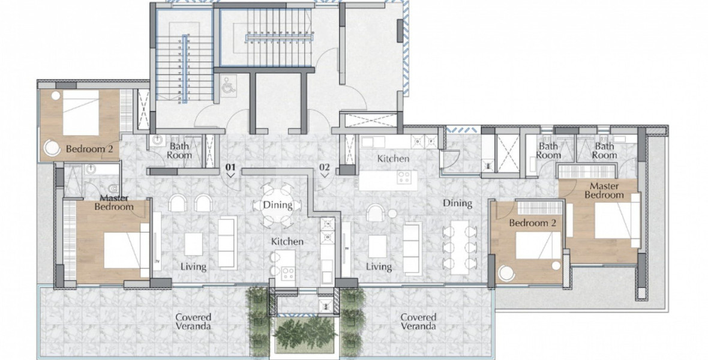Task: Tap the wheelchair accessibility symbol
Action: tap(227, 86)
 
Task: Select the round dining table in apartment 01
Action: tap(277, 205)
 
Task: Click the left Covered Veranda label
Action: tap(193, 322)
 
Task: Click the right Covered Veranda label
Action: tap(418, 322)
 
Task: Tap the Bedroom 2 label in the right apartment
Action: tap(529, 223)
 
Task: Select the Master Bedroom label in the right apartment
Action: tap(604, 191)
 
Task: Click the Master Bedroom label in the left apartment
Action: tap(114, 202)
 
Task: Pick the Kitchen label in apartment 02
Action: tap(393, 159)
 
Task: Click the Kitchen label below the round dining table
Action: tap(287, 241)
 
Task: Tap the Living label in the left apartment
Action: tap(193, 266)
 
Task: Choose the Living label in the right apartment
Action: tap(379, 266)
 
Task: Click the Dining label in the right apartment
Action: tap(457, 203)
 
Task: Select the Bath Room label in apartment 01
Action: tap(180, 151)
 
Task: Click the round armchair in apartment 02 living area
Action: tap(376, 213)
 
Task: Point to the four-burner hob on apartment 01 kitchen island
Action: tap(287, 275)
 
